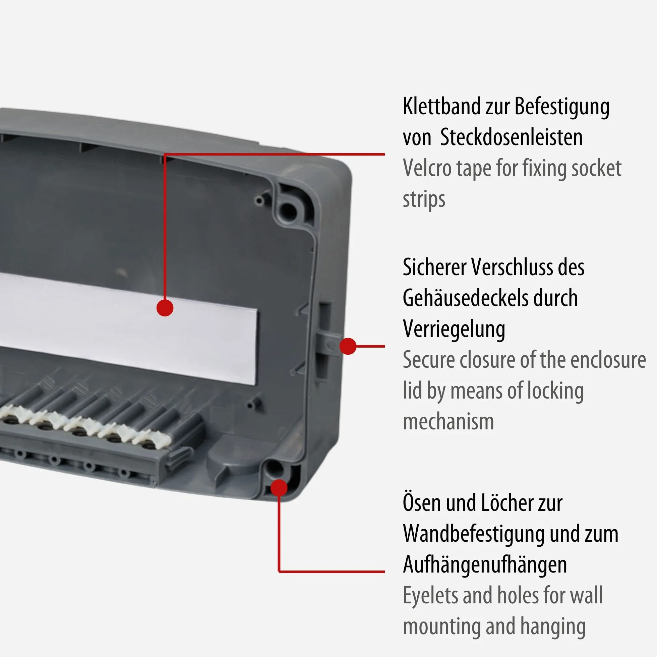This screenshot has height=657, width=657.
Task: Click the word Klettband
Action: click(x=441, y=106)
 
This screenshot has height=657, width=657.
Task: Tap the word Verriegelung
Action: click(x=454, y=329)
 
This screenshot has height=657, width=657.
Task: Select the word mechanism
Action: click(x=448, y=422)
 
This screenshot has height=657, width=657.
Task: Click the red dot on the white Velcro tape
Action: click(x=165, y=308)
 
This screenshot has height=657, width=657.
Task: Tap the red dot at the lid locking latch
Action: click(x=348, y=346)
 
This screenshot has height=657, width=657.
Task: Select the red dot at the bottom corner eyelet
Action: click(x=279, y=487)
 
